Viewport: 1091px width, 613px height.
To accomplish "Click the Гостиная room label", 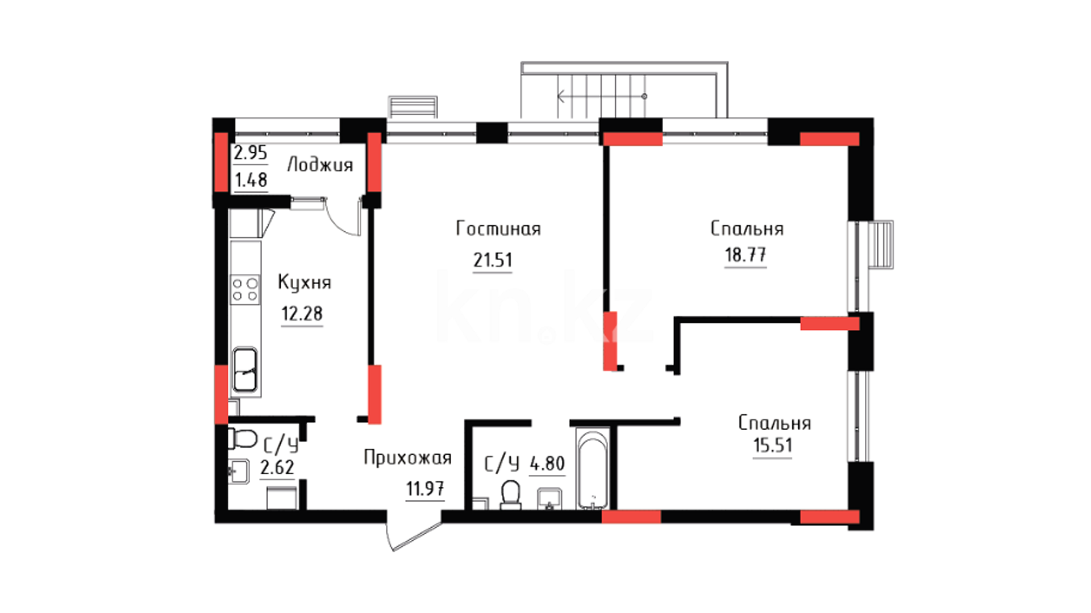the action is pyautogui.click(x=498, y=228).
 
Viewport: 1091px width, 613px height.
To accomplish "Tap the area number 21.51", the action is pyautogui.click(x=493, y=260).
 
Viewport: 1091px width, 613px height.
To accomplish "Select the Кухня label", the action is pyautogui.click(x=304, y=283).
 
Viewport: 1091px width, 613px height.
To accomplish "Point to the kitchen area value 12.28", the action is pyautogui.click(x=302, y=313).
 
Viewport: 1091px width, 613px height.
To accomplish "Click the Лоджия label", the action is pyautogui.click(x=320, y=165).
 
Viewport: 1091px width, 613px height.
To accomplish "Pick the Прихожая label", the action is pyautogui.click(x=407, y=458).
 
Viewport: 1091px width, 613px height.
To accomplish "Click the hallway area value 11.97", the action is pyautogui.click(x=425, y=488).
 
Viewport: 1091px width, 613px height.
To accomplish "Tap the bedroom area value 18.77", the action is pyautogui.click(x=746, y=255).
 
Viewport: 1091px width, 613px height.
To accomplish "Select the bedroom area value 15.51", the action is pyautogui.click(x=772, y=445).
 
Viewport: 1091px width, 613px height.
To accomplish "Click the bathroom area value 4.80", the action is pyautogui.click(x=547, y=464).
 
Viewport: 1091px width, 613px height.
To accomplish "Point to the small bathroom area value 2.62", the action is pyautogui.click(x=277, y=467).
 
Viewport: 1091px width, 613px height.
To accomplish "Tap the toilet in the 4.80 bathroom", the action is pyautogui.click(x=510, y=495).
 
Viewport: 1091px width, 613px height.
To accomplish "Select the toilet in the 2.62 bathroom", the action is pyautogui.click(x=243, y=439).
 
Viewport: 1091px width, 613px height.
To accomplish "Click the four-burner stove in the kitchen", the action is pyautogui.click(x=245, y=289).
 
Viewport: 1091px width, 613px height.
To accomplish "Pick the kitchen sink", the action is pyautogui.click(x=245, y=370).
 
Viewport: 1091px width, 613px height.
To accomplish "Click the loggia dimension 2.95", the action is pyautogui.click(x=250, y=152).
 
